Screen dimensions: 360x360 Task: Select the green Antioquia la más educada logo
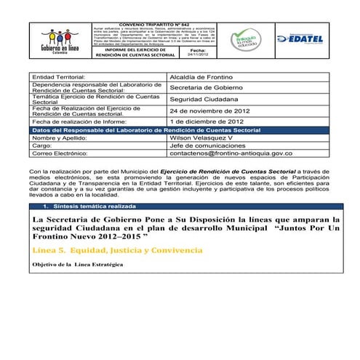click(244, 40)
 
